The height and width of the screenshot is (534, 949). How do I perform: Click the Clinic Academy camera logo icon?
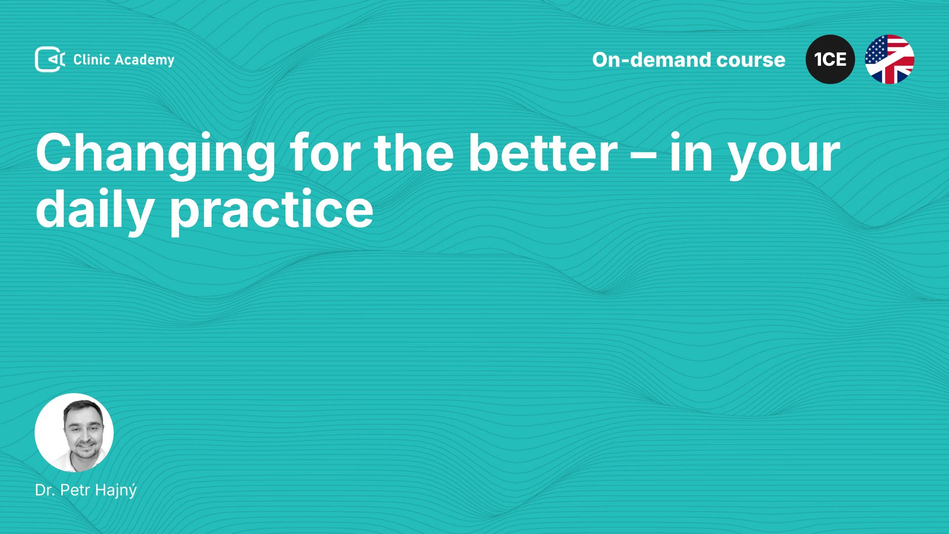(50, 59)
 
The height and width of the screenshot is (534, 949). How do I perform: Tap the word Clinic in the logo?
(91, 59)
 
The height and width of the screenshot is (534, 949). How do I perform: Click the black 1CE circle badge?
(830, 59)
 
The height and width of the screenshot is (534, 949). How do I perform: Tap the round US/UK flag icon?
(890, 59)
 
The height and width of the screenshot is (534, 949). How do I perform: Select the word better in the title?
(543, 153)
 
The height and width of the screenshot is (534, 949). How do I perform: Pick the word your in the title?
(785, 159)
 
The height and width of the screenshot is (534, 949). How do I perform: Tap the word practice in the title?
(272, 211)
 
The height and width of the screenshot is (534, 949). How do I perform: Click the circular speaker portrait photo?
(74, 433)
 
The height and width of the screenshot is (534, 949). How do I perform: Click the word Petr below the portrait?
(76, 490)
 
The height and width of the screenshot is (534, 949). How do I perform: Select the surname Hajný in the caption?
(116, 490)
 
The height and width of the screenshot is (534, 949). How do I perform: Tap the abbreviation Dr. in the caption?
(45, 490)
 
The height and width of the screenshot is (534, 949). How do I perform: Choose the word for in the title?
(324, 153)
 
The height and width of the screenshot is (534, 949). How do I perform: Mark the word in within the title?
(691, 153)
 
